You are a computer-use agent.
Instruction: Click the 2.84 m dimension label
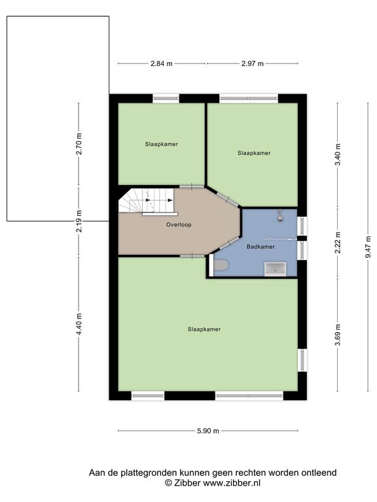[x=162, y=63]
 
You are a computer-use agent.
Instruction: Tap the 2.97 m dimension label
[x=252, y=63]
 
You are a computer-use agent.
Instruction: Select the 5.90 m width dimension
[x=208, y=431]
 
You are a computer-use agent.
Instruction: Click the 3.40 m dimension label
[x=338, y=155]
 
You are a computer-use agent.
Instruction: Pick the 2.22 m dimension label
[x=338, y=243]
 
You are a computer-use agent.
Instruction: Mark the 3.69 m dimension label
[x=338, y=335]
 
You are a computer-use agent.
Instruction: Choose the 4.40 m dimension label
[x=79, y=324]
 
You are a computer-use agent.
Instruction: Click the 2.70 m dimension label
[x=79, y=144]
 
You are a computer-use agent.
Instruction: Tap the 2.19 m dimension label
[x=79, y=221]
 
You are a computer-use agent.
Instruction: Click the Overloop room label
[x=179, y=225]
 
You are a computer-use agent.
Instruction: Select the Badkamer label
[x=260, y=247]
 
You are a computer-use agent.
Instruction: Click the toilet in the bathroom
[x=220, y=265]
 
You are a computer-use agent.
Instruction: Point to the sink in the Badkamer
[x=275, y=269]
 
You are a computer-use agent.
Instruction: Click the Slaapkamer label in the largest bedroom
[x=204, y=329]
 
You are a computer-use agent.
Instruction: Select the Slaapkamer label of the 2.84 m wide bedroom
[x=162, y=144]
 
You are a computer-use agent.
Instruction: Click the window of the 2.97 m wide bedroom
[x=249, y=98]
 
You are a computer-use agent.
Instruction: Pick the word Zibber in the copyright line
[x=187, y=483]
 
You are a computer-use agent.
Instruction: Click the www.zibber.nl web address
[x=232, y=483]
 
